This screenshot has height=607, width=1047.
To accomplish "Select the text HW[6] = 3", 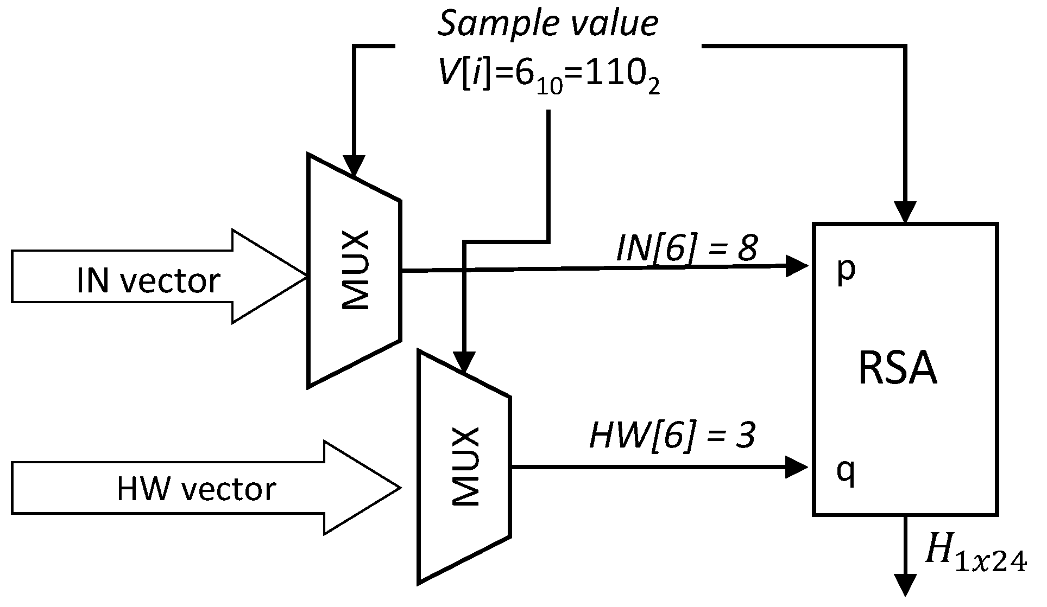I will coord(672,436).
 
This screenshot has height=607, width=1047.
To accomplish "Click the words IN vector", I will coord(148,281).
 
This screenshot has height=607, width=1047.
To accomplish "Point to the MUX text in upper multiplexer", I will coord(356,271).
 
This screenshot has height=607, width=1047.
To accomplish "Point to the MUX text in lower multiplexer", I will coord(466,467).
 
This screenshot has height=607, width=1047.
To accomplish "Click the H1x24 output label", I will coord(975,560).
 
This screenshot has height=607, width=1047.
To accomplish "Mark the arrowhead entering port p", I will coord(797,266).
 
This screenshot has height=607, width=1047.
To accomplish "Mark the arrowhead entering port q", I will coord(797,467).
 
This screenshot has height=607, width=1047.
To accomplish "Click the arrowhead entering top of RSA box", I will coord(905,212).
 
